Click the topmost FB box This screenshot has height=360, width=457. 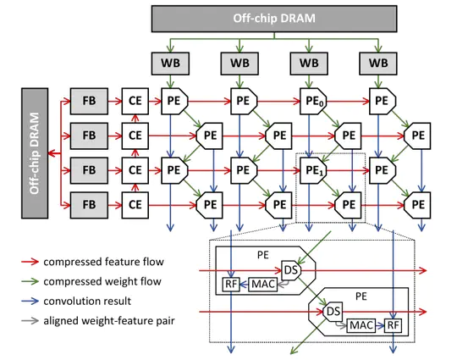click(x=85, y=102)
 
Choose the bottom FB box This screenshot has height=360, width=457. click(x=85, y=204)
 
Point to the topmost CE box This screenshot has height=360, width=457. click(x=135, y=102)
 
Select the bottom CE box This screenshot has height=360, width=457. click(x=135, y=204)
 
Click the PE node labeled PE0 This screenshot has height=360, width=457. click(x=312, y=102)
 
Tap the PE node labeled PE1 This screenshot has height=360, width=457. click(x=312, y=170)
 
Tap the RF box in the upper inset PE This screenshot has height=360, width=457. click(x=230, y=283)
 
